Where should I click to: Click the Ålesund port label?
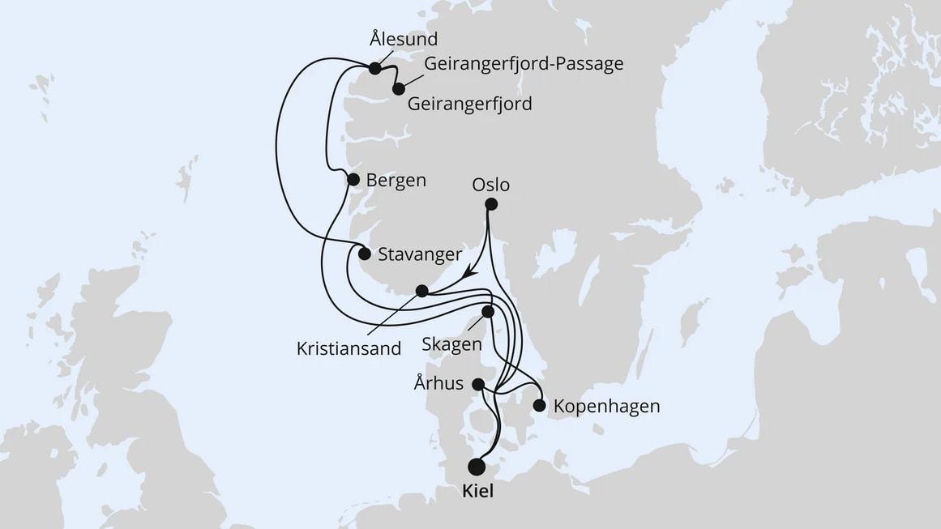click(403, 39)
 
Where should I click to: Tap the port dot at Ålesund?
click(374, 69)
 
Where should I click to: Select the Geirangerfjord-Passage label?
click(524, 63)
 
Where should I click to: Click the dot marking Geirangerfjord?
click(398, 89)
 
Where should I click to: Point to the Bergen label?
click(396, 180)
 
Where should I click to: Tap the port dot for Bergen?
click(353, 180)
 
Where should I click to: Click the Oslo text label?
click(490, 186)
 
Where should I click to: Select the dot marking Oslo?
click(490, 206)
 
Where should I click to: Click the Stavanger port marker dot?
click(365, 254)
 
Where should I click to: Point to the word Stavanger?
click(420, 254)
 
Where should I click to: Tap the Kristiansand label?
click(349, 349)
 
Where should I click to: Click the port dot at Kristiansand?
click(421, 290)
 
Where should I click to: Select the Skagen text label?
click(452, 344)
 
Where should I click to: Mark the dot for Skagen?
click(488, 311)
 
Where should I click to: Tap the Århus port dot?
click(478, 384)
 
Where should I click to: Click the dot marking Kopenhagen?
click(539, 405)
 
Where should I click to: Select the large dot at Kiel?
click(477, 467)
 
